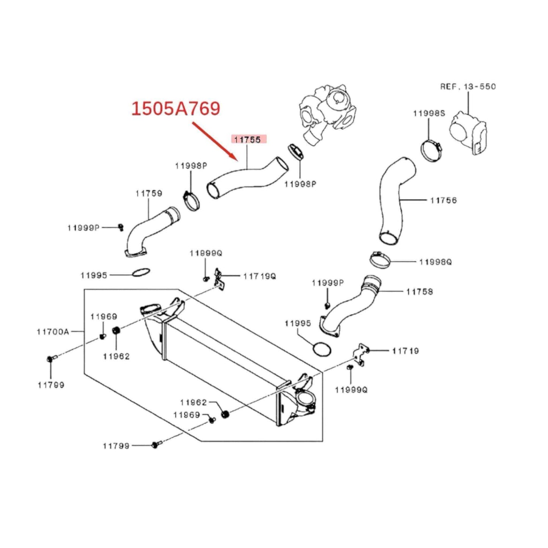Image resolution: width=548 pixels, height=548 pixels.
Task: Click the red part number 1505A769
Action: tap(176, 108)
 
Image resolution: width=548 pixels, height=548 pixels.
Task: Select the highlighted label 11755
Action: tap(247, 140)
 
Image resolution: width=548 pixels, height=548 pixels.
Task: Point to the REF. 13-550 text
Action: tap(468, 86)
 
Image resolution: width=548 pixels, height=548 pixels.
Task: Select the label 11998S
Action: tap(429, 113)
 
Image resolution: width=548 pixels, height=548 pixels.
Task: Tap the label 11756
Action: tap(443, 200)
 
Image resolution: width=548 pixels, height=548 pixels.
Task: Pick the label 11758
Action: tap(419, 292)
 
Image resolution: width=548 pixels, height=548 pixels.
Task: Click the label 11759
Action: tap(149, 193)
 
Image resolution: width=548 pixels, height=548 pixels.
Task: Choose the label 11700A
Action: tap(53, 331)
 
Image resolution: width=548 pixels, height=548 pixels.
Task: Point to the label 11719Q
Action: tap(260, 276)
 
